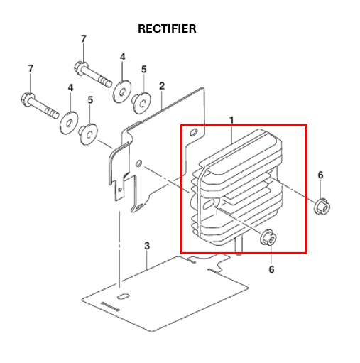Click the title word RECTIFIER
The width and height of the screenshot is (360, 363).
(x=167, y=29)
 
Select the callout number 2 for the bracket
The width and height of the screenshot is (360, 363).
(x=162, y=86)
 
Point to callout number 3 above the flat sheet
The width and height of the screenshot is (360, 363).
(x=147, y=246)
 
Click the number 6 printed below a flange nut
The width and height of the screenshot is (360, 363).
(x=271, y=269)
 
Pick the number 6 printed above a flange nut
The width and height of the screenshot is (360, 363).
(x=320, y=175)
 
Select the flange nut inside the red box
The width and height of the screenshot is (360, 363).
(x=269, y=239)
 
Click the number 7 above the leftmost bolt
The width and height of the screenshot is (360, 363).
(x=31, y=68)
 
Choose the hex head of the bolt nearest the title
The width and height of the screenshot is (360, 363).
(x=80, y=68)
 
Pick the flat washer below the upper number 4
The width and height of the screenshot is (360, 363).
(x=121, y=90)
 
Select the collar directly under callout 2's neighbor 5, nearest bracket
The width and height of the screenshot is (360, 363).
(x=142, y=103)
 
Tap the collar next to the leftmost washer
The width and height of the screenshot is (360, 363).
(x=89, y=132)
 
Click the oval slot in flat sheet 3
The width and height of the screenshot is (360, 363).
(x=121, y=295)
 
